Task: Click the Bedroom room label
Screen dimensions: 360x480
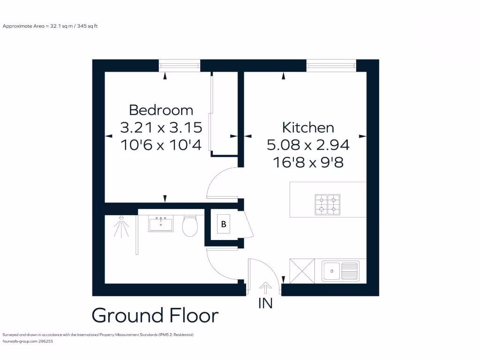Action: tap(161, 110)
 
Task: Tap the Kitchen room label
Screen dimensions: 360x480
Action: tap(308, 127)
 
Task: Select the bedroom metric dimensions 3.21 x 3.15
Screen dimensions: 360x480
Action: tap(161, 127)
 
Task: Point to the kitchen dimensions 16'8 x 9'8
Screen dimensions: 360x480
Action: tap(308, 162)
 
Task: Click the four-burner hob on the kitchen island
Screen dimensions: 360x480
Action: tap(327, 204)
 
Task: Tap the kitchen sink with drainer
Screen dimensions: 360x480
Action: tap(340, 271)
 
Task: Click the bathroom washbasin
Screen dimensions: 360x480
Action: tap(161, 224)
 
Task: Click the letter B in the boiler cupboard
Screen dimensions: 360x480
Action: tap(224, 224)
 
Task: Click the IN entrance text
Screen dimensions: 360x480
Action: tap(265, 304)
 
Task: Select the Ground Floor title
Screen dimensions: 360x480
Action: tap(155, 315)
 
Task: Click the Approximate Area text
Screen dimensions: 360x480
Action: tap(50, 26)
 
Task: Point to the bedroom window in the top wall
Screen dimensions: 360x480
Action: tap(180, 65)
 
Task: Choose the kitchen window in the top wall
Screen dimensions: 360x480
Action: tap(331, 65)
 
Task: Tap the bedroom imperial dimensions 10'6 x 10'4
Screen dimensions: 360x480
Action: tap(161, 145)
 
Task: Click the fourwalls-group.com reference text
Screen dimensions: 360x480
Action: tap(28, 342)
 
